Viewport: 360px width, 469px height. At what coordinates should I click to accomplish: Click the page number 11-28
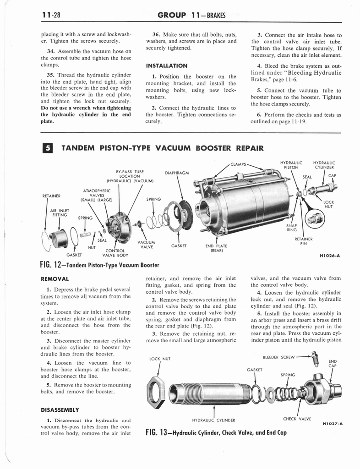coord(50,15)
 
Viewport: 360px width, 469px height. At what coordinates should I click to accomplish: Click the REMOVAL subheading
coord(55,278)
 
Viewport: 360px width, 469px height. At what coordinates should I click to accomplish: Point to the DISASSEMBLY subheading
coord(60,409)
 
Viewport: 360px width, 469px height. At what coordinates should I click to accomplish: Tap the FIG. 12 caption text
coord(99,265)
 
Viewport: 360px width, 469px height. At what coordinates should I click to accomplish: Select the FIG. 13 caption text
coord(215,432)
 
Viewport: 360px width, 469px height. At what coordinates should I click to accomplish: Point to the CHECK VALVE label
coord(297,418)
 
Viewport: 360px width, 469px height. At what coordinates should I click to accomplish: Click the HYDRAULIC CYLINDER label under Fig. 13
coord(213,420)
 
